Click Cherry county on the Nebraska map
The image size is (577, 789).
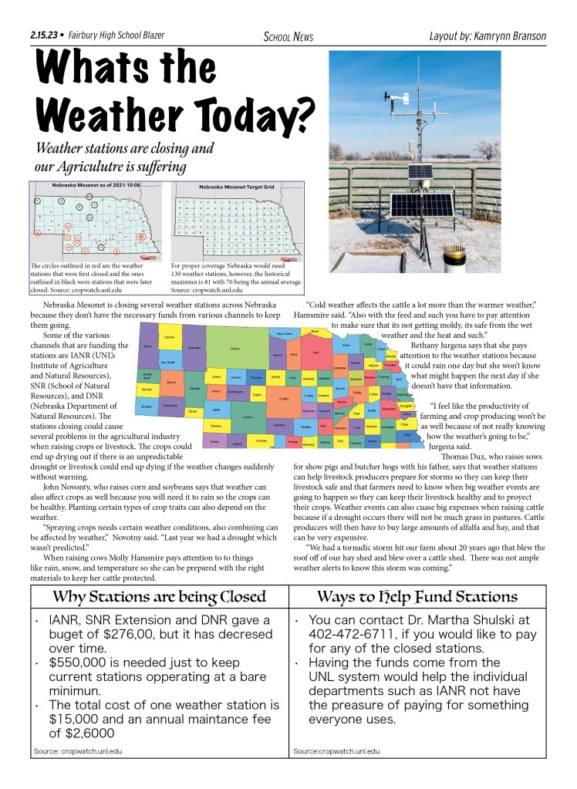click(235, 349)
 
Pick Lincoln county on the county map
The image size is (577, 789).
click(247, 416)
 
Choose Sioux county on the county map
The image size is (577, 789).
click(147, 348)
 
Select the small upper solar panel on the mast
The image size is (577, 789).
click(422, 172)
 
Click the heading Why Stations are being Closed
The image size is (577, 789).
click(158, 596)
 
